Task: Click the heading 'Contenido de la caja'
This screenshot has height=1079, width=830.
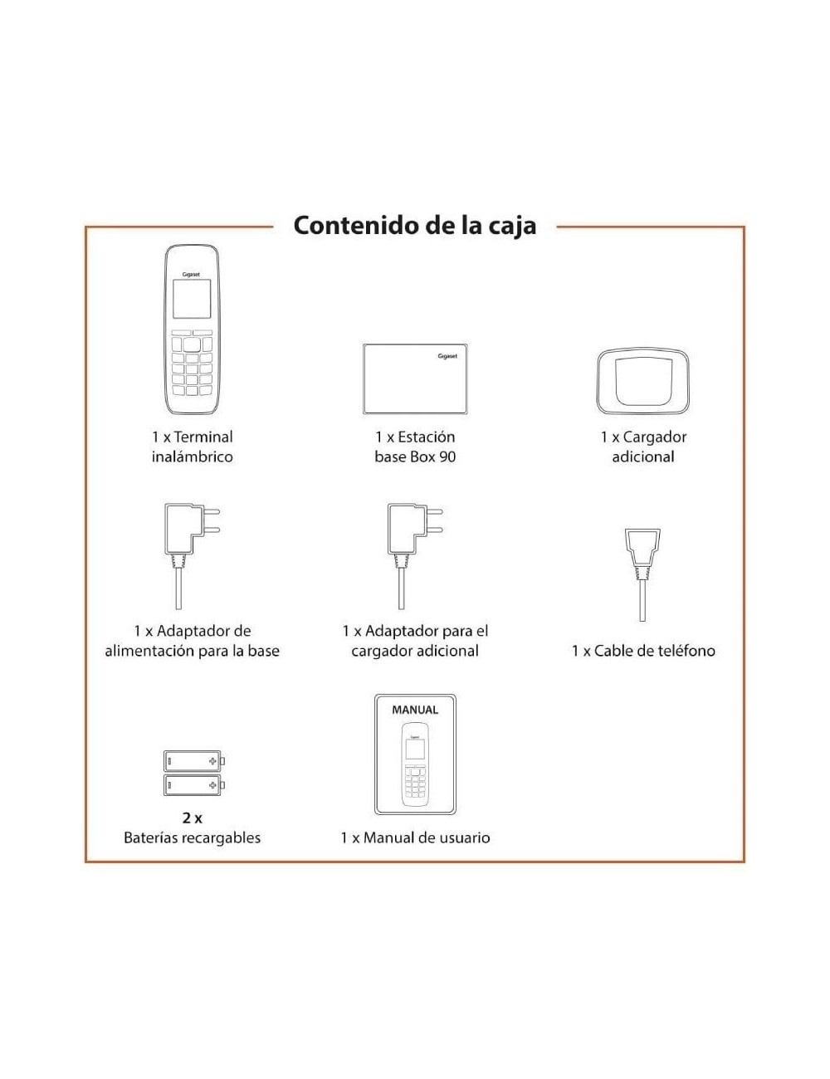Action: pos(414,226)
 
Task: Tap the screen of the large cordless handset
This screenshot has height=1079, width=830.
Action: pos(191,299)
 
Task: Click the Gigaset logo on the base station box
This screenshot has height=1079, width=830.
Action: pos(447,356)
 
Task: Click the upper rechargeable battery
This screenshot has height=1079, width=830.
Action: pos(193,760)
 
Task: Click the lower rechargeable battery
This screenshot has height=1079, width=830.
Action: pos(193,784)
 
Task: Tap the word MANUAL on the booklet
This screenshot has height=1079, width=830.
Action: pos(415,710)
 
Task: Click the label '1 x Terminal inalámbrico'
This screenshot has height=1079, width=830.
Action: pos(192,447)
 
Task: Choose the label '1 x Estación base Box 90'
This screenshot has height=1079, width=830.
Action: pos(415,447)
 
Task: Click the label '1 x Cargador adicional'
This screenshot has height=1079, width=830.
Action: pos(643,447)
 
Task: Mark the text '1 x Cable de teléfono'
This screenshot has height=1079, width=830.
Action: pos(643,651)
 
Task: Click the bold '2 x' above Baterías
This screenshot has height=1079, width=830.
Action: pos(192,818)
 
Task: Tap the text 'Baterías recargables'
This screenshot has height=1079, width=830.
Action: pos(192,837)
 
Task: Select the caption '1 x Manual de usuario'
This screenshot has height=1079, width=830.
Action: pos(415,837)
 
